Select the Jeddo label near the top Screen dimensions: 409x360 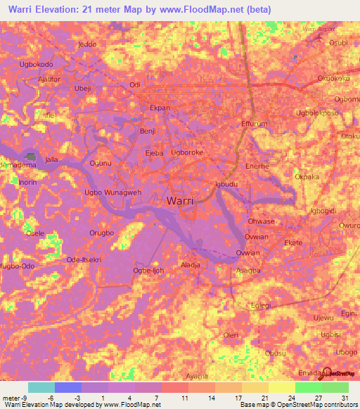click(88, 44)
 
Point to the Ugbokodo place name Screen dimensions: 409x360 click(37, 65)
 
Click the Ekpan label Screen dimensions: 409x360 click(160, 108)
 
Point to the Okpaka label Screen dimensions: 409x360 click(308, 177)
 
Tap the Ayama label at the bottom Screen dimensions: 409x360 click(197, 376)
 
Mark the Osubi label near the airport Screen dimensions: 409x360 click(338, 43)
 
